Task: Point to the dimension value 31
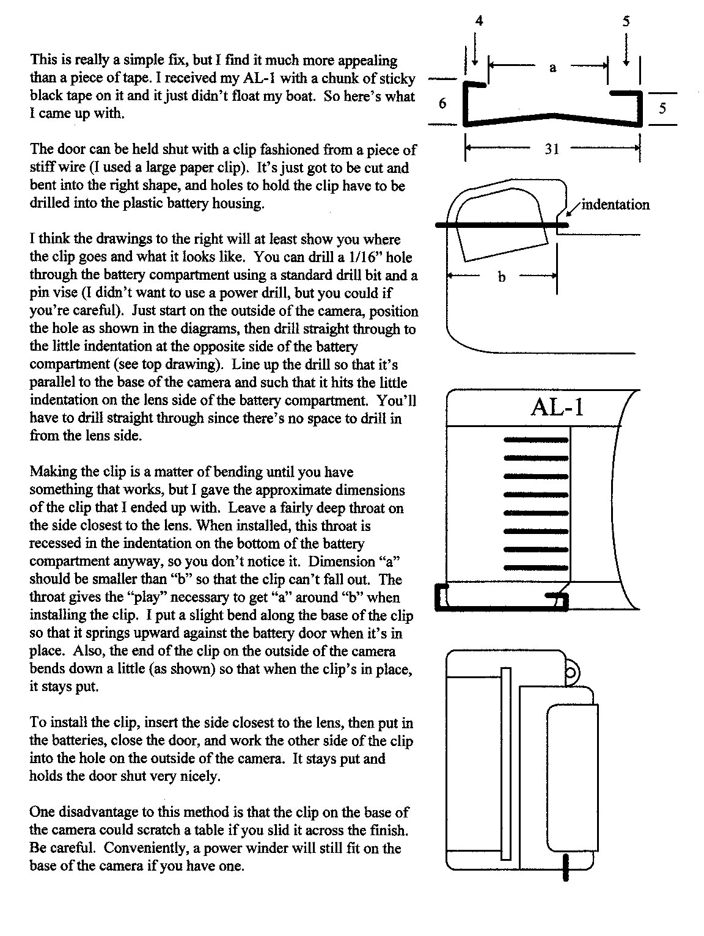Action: pos(552,148)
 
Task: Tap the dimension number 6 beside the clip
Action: pos(442,103)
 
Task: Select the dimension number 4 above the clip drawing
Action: pos(479,21)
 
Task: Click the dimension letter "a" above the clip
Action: pos(553,67)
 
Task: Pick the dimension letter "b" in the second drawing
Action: pos(502,277)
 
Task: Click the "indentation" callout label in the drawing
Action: pos(615,205)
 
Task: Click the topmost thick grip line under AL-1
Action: pos(536,439)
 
